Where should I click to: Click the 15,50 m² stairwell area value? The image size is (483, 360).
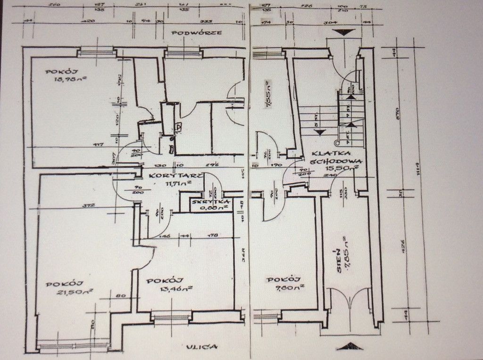pos(349,168)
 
